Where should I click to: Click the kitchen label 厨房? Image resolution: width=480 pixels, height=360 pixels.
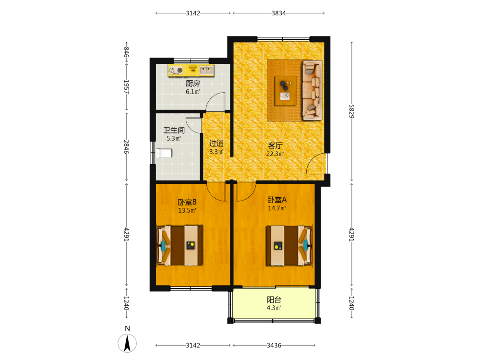pos(193,83)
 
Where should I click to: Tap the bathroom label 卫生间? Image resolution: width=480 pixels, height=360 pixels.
pos(174,130)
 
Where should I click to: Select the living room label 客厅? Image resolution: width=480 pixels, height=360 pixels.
pos(275,145)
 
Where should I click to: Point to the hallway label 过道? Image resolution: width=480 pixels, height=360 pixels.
pos(216,143)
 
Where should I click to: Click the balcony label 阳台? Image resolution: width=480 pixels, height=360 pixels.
pos(274,300)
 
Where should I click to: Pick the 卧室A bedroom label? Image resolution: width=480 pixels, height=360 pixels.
pos(277,200)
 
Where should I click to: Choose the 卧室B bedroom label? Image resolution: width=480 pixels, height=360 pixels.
pos(187,202)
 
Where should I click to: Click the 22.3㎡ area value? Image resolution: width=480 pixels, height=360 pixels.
pos(275,154)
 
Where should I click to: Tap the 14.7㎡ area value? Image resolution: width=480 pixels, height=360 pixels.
pos(277,208)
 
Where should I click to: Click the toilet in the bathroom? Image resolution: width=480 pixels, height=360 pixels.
pos(164,153)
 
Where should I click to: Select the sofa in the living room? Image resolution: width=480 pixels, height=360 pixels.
pos(312,90)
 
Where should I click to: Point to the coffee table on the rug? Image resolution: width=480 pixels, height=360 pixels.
pos(286,91)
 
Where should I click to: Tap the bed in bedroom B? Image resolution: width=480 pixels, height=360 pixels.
pos(180,245)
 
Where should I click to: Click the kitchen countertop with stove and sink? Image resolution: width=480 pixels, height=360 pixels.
pos(191,71)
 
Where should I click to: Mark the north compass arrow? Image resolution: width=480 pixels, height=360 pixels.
pos(127,343)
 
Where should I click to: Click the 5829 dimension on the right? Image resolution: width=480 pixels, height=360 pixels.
pos(352,111)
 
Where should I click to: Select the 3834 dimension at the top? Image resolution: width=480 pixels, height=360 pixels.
pos(279,13)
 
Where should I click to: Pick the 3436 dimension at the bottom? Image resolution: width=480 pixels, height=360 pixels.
pos(274,345)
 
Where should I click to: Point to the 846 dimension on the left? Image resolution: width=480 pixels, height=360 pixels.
pos(126,52)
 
